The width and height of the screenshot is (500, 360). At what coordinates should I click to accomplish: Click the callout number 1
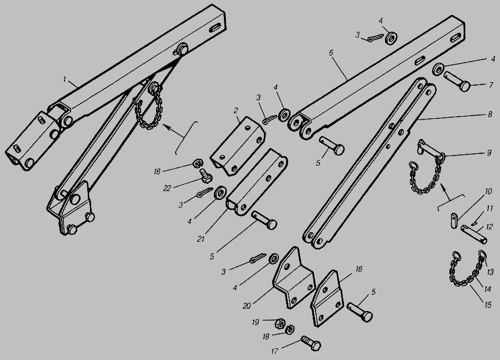point(65,79)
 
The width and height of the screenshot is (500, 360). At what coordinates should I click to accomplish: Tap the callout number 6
point(331,53)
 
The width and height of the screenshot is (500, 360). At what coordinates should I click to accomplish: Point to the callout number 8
point(490,114)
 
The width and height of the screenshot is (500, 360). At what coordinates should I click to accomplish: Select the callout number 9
point(489,153)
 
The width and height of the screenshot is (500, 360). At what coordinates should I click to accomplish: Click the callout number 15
point(488,305)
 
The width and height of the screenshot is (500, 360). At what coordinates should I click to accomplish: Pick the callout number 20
point(247,306)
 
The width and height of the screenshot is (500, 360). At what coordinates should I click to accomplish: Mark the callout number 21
point(201,239)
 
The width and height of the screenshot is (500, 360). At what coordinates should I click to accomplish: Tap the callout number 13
point(490,272)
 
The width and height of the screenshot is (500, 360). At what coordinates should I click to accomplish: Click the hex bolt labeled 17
point(311,344)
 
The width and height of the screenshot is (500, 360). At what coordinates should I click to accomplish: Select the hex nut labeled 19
point(279,323)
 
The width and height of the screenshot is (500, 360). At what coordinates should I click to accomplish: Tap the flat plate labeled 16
point(327,298)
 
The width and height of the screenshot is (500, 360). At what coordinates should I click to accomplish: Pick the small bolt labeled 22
point(206,176)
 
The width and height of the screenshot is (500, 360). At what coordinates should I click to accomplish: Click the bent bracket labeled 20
point(294,278)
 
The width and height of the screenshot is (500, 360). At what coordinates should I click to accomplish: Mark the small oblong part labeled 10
point(454,220)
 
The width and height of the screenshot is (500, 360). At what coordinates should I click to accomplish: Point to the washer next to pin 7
point(439,69)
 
